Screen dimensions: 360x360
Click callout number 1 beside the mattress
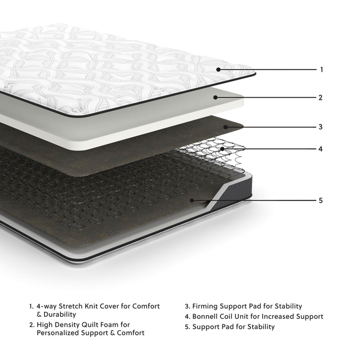[x=321, y=69]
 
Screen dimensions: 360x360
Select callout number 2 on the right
[x=320, y=97]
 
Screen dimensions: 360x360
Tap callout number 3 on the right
[x=320, y=127]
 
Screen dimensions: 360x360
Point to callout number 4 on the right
[x=320, y=149]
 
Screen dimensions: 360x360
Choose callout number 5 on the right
[x=320, y=200]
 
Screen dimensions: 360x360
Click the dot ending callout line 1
[x=219, y=69]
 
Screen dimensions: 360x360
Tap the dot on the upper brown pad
[x=225, y=126]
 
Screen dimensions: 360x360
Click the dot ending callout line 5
[x=191, y=200]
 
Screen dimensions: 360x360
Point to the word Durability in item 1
[x=59, y=314]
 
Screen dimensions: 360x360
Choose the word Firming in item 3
[x=205, y=306]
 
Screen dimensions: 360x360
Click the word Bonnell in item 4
[x=206, y=316]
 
